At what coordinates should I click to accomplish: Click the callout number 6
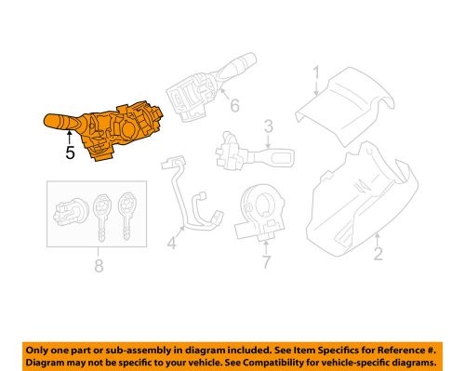233,107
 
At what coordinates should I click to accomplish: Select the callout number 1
315,73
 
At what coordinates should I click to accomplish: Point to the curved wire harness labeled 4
190,200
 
